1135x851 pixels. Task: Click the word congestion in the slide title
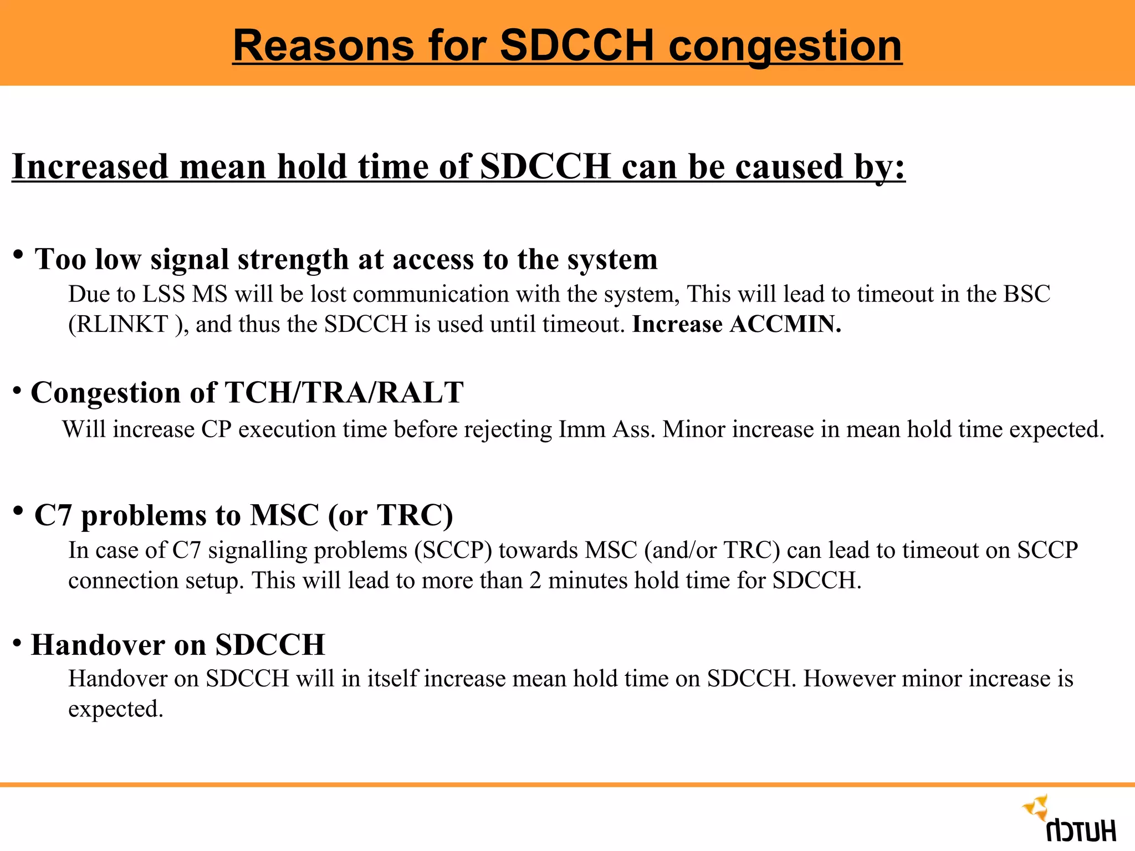click(x=785, y=47)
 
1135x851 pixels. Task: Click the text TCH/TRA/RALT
click(x=344, y=393)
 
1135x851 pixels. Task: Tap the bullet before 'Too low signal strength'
click(x=18, y=255)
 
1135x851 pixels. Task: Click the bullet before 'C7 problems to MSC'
click(x=18, y=510)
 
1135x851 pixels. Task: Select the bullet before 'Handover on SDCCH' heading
click(x=17, y=643)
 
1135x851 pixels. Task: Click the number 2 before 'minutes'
click(x=535, y=581)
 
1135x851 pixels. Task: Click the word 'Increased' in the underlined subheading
click(x=90, y=167)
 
